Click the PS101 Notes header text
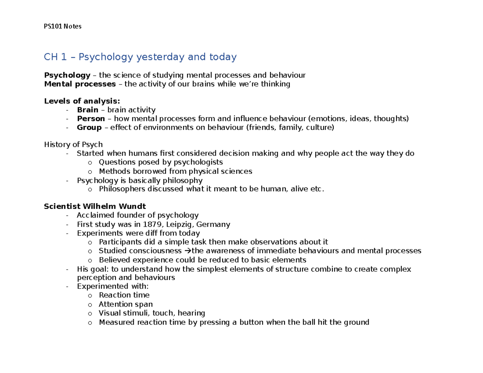click(x=62, y=27)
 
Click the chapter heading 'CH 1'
click(x=55, y=57)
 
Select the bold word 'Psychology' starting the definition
click(x=67, y=75)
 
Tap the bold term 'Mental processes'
click(x=79, y=84)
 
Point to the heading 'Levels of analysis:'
click(x=82, y=101)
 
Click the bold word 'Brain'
click(x=87, y=110)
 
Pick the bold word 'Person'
click(x=91, y=119)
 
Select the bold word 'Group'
click(x=89, y=128)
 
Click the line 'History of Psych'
click(x=73, y=144)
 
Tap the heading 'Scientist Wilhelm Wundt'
click(x=95, y=207)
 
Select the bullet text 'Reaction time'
click(x=124, y=295)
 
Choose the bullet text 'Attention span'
click(x=126, y=304)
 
